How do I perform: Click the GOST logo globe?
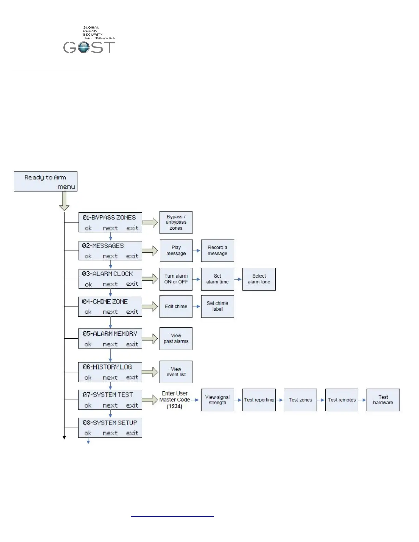pyautogui.click(x=84, y=48)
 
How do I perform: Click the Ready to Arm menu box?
pyautogui.click(x=46, y=181)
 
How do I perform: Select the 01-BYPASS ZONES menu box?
pyautogui.click(x=110, y=222)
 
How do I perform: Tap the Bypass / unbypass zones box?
pyautogui.click(x=176, y=222)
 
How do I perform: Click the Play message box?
pyautogui.click(x=176, y=250)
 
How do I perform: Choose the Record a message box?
pyautogui.click(x=217, y=250)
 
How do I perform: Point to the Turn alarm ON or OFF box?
pyautogui.click(x=176, y=279)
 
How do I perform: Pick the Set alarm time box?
pyautogui.click(x=217, y=279)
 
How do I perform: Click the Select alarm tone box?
pyautogui.click(x=259, y=279)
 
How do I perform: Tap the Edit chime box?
pyautogui.click(x=176, y=306)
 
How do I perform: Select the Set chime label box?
pyautogui.click(x=217, y=306)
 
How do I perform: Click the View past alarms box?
pyautogui.click(x=176, y=339)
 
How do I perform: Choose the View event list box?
pyautogui.click(x=176, y=372)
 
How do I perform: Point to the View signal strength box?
pyautogui.click(x=217, y=400)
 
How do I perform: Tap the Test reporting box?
pyautogui.click(x=259, y=400)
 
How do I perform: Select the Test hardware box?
pyautogui.click(x=383, y=400)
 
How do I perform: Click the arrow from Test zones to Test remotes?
pyautogui.click(x=321, y=400)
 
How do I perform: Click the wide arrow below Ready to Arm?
pyautogui.click(x=64, y=201)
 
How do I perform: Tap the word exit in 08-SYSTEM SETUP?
pyautogui.click(x=132, y=433)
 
